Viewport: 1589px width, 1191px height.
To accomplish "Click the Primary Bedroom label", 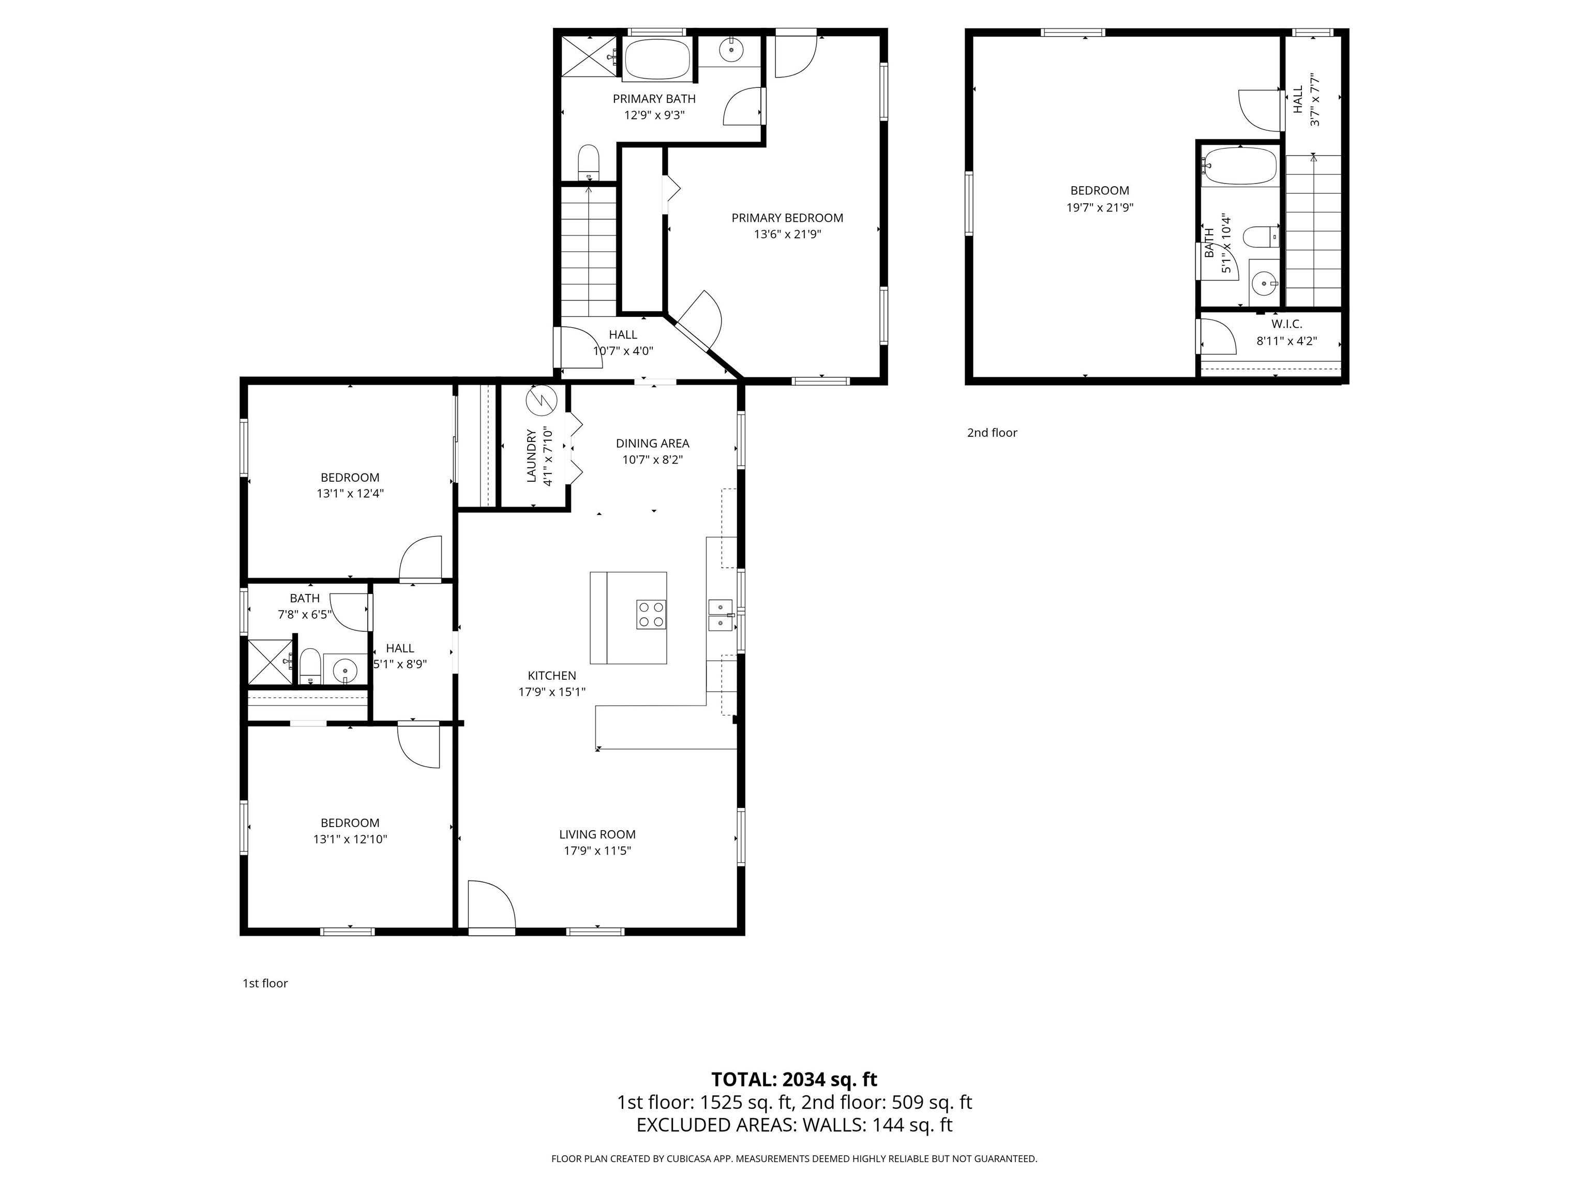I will click(x=787, y=218).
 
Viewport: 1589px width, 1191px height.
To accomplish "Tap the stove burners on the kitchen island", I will click(x=651, y=615).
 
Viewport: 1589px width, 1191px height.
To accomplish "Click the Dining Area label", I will click(x=652, y=444).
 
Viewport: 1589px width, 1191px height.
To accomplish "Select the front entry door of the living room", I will click(x=491, y=907).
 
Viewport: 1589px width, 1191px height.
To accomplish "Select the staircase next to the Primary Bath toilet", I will click(x=588, y=251).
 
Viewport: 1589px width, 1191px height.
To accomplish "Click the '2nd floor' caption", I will click(x=992, y=433).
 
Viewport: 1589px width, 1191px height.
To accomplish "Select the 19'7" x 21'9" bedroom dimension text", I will click(x=1100, y=207).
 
